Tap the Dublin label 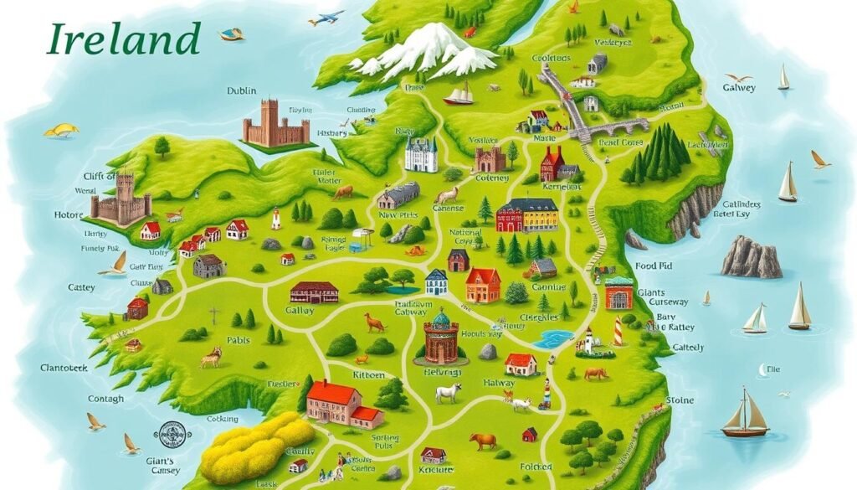point(241,90)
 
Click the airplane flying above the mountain point(326,18)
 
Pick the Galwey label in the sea point(739,87)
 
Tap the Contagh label point(82,400)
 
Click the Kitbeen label point(370,376)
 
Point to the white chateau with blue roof point(421,154)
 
